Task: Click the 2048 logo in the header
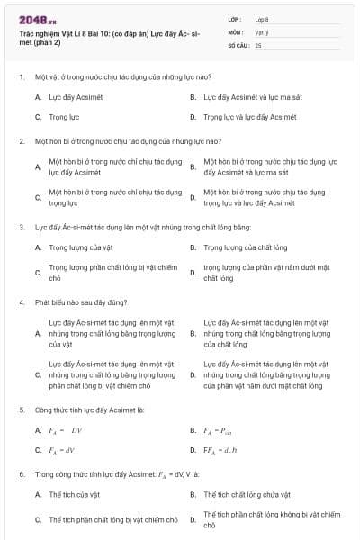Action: point(37,19)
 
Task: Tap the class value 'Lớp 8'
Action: point(262,18)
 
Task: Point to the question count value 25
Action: point(258,44)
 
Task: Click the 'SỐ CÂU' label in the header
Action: point(237,44)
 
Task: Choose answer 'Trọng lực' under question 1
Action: point(64,117)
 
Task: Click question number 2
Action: point(22,141)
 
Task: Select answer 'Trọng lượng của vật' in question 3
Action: point(80,247)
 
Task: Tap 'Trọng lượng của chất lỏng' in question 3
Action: point(245,247)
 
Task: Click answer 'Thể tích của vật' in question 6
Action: point(76,494)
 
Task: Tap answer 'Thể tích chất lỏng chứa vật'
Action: point(247,494)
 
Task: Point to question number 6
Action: point(22,472)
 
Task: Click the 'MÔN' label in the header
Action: point(236,31)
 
